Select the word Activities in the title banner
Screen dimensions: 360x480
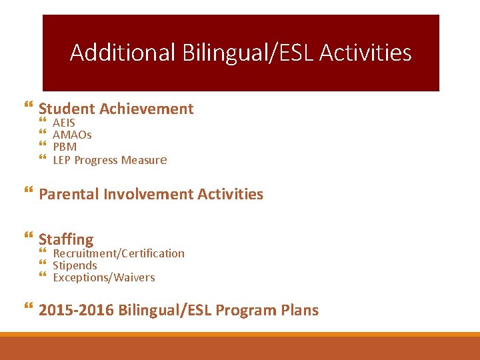point(365,53)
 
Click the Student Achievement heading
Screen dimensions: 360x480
point(116,109)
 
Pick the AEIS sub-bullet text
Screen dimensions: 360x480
point(64,123)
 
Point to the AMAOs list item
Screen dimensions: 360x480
point(72,135)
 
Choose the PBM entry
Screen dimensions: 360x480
point(65,147)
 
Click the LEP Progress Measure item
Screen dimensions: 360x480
point(109,160)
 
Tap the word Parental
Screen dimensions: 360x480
point(69,194)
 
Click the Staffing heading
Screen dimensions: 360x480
point(66,239)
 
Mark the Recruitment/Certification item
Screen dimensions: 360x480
point(119,253)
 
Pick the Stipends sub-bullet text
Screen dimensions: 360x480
point(75,265)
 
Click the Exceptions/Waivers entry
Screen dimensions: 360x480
point(103,277)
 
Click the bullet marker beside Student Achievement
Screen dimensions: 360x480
point(27,106)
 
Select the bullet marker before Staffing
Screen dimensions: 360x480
point(27,236)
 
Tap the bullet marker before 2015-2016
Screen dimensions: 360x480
point(27,307)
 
